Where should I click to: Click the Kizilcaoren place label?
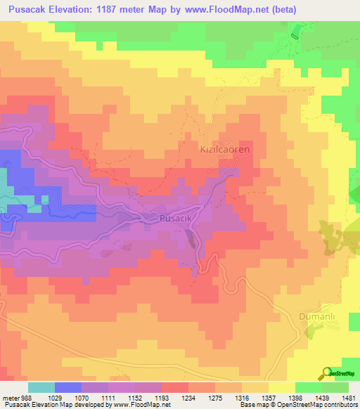pos(225,150)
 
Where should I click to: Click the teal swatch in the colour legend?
pos(41,387)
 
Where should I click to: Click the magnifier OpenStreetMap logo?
pos(326,373)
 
